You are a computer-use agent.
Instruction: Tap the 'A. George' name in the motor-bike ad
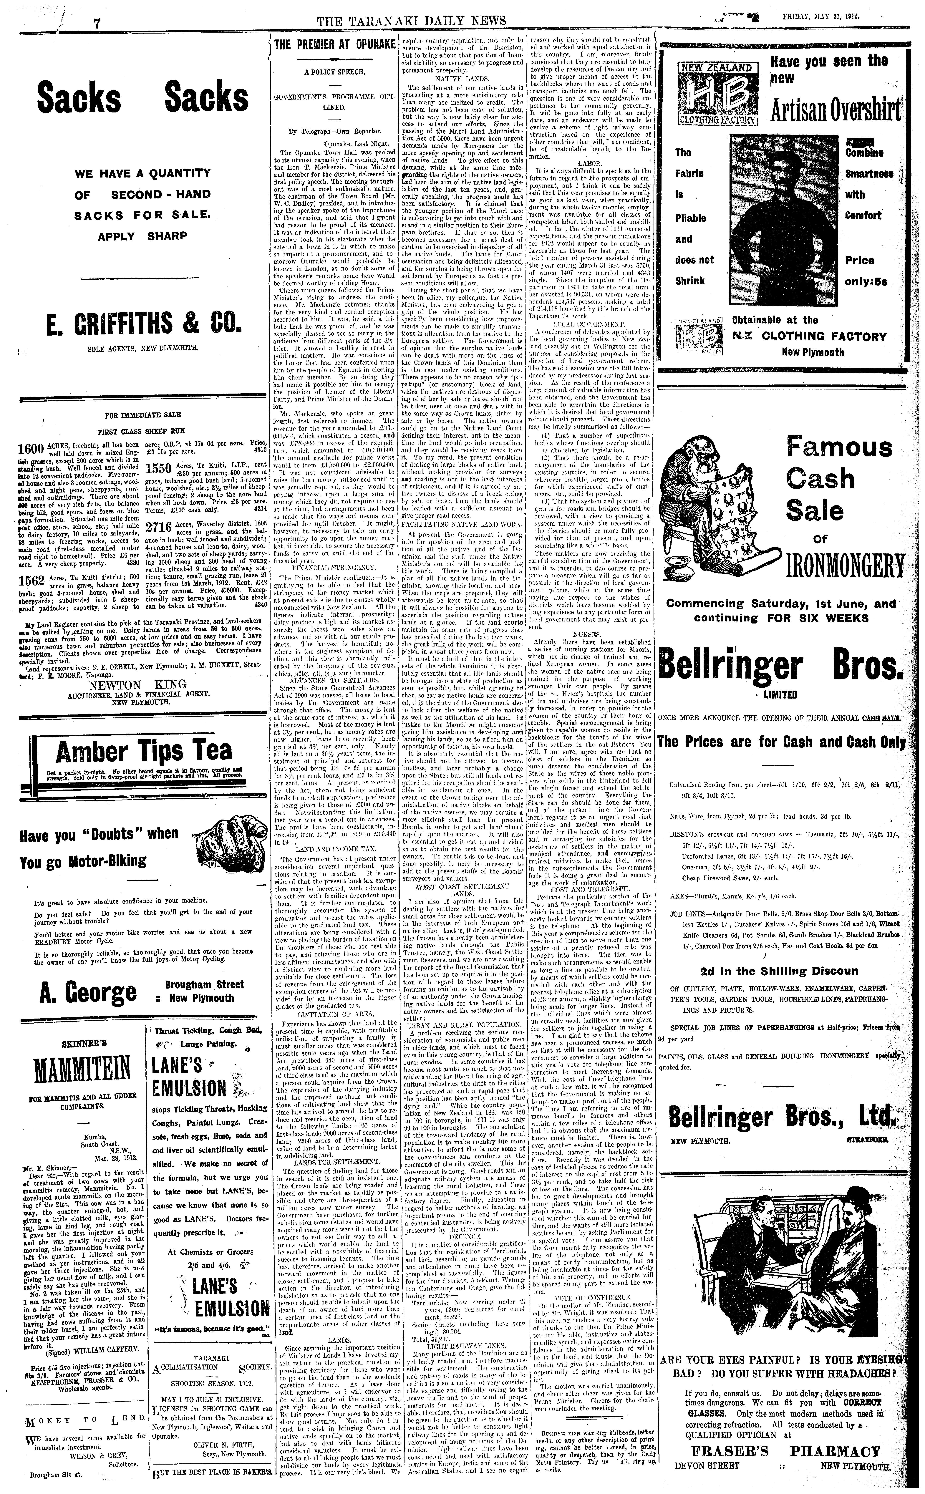point(89,992)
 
